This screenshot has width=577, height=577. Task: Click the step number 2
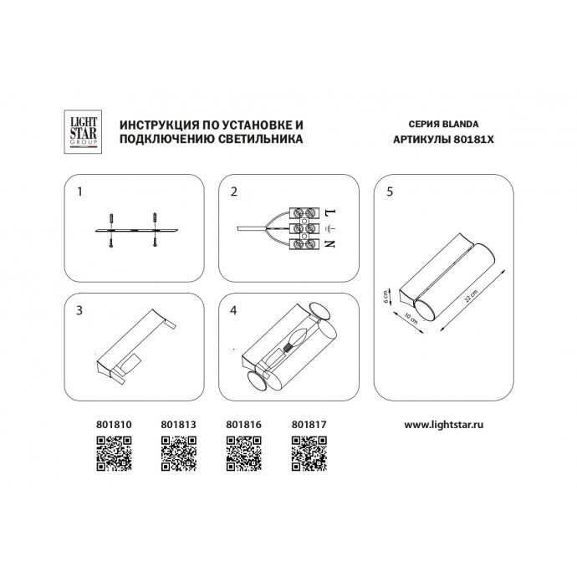coord(235,191)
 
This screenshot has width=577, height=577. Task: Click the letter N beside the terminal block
coord(329,243)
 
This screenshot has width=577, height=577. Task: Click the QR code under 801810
coord(110,455)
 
